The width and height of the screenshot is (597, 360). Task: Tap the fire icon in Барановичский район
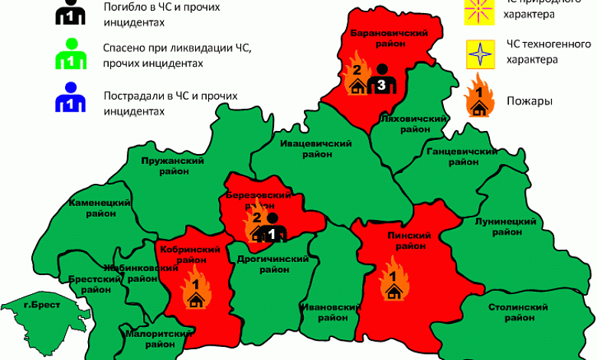pos(355,75)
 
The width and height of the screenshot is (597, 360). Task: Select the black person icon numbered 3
pos(380,79)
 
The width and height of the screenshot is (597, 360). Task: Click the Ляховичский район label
pos(413,124)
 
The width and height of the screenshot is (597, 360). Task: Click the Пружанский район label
pos(172,166)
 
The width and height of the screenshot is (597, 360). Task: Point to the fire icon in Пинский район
pos(393,280)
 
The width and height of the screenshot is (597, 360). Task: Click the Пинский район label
pos(406,241)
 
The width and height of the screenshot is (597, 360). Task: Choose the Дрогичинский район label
pos(272,264)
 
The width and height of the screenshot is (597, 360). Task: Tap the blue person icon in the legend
pos(69,98)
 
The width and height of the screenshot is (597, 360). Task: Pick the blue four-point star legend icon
pos(479,55)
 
